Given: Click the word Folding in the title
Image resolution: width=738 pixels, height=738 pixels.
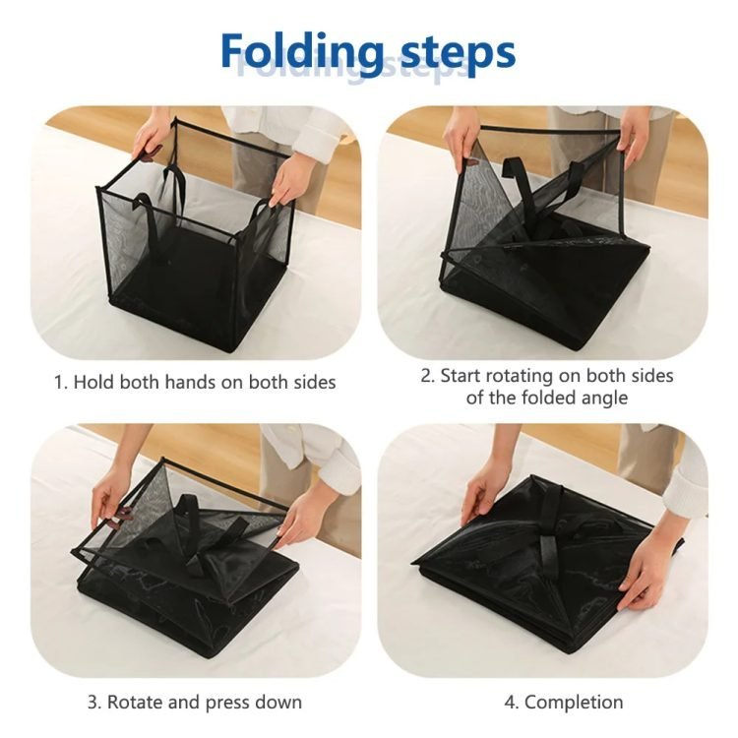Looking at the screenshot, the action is click(302, 52).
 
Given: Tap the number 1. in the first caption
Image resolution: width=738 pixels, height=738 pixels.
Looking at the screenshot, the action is click(61, 382).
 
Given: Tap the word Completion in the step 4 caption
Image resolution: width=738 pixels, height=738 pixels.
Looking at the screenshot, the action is click(574, 703).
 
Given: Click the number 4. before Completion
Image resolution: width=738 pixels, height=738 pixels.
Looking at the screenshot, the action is click(512, 703).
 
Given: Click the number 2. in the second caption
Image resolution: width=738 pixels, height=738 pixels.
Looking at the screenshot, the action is click(428, 376).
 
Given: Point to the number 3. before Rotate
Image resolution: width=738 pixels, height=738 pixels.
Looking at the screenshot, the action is click(94, 702).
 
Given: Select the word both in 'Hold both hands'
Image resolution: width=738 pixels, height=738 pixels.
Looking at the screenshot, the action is click(140, 382).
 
